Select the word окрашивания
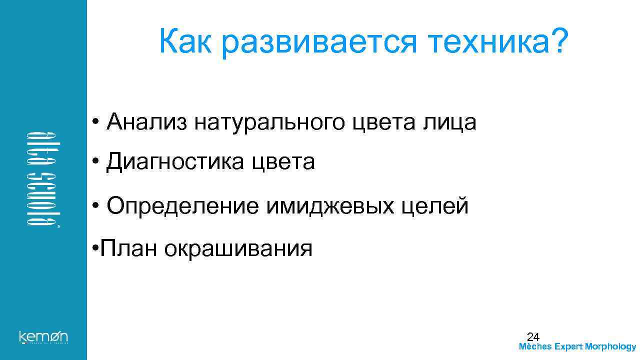(238, 248)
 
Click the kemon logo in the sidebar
(43, 336)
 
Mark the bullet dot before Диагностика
(95, 162)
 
